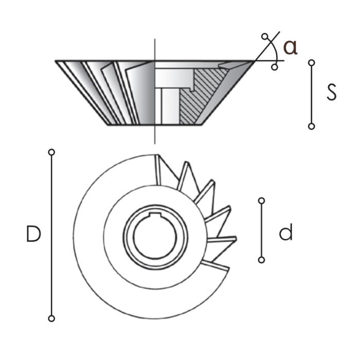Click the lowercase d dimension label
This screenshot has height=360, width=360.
tap(286, 233)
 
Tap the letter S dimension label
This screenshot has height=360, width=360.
tap(332, 93)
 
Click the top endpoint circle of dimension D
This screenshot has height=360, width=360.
tap(51, 152)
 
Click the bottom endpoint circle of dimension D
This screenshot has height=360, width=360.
tap(51, 318)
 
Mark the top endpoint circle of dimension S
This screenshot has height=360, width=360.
tap(311, 62)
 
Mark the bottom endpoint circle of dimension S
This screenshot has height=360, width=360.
tap(311, 126)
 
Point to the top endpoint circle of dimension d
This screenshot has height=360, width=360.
tap(261, 200)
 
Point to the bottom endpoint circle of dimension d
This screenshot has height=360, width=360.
tap(261, 260)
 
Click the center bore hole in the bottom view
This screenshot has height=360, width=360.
tap(155, 239)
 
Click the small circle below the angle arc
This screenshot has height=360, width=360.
tap(275, 67)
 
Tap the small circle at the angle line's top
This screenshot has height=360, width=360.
tap(265, 37)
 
